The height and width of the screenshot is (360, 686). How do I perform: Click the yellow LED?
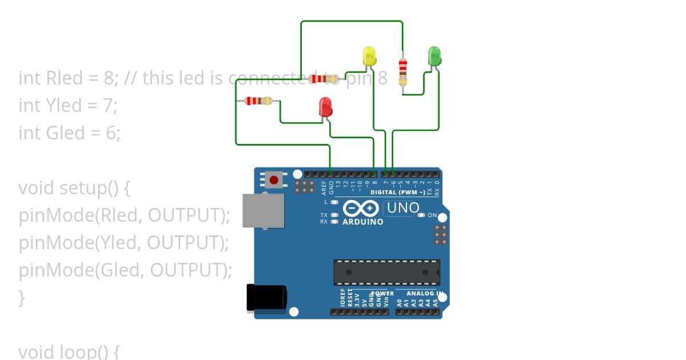[x=370, y=57]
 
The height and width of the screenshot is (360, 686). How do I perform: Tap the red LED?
[x=325, y=107]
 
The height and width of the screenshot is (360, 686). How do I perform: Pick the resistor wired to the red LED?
[x=258, y=101]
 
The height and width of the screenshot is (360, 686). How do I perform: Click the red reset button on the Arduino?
[x=274, y=180]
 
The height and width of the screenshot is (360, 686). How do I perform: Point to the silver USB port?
[x=263, y=211]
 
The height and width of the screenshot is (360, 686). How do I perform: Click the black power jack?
[x=266, y=298]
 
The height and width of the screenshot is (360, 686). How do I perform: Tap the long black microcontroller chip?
[x=387, y=273]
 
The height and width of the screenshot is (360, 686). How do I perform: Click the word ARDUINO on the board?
[x=363, y=222]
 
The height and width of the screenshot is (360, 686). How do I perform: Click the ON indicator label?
[x=432, y=215]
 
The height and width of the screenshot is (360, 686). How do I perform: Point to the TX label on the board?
[x=324, y=215]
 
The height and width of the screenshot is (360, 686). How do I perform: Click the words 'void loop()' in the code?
[x=69, y=351]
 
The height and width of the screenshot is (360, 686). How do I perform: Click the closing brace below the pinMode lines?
[x=22, y=297]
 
